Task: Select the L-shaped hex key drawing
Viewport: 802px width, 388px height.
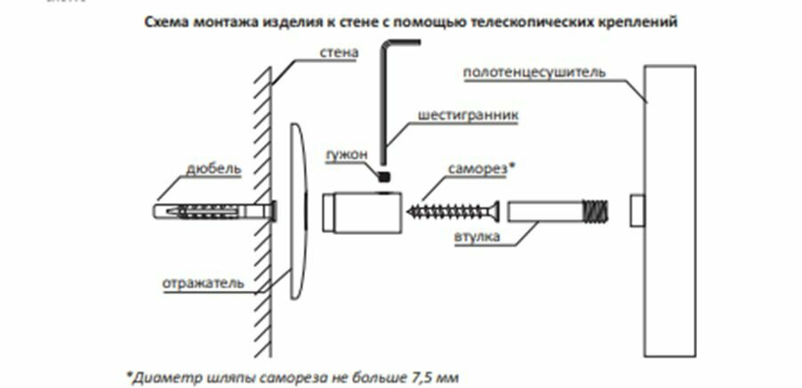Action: pos(384,98)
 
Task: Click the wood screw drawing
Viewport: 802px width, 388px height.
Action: pos(454,213)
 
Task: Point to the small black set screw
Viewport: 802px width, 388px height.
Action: pos(384,176)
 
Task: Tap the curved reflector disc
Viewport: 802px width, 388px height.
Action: pos(298,214)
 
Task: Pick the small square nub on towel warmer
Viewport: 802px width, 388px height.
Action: pos(638,212)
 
